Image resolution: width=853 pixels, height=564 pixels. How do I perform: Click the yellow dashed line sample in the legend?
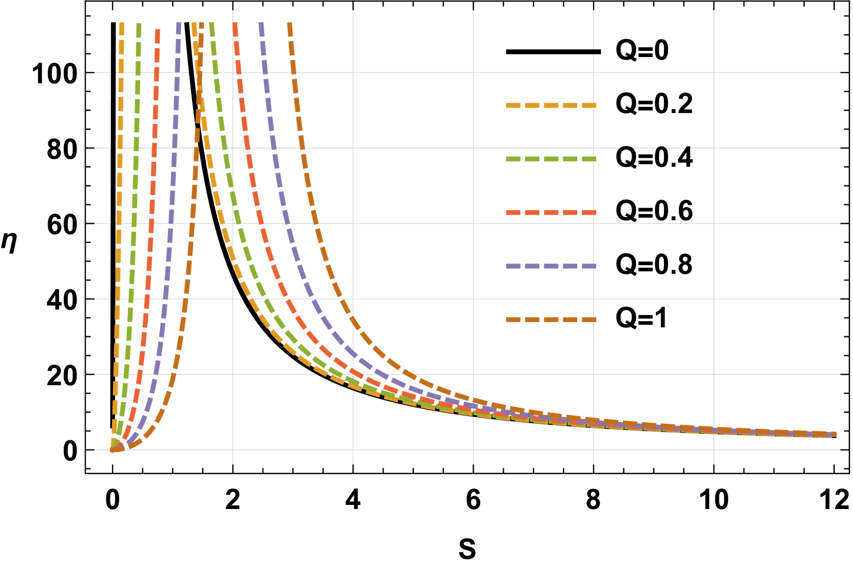coord(551,106)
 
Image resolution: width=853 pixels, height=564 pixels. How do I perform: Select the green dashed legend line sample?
coord(551,159)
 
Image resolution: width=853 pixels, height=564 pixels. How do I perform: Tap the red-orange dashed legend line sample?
coord(551,213)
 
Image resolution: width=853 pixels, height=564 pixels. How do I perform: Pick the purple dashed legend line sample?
coord(551,266)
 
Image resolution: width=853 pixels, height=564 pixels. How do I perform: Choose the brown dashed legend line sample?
coord(551,319)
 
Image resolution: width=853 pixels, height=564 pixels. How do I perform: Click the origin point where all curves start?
coord(112,450)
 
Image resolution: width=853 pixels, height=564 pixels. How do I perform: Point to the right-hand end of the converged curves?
coord(835,434)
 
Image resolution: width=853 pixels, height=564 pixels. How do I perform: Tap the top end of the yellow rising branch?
coord(122,24)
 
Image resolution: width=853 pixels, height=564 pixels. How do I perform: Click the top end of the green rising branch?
coord(139,24)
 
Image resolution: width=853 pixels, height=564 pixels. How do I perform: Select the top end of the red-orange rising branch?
coord(158,30)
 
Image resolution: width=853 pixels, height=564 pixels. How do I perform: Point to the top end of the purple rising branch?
coord(179,24)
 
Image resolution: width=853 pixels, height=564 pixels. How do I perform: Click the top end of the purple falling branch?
coord(261,24)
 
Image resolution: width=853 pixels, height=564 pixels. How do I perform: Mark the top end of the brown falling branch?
coord(290,24)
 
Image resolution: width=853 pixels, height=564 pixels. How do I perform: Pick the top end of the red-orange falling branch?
coord(235,24)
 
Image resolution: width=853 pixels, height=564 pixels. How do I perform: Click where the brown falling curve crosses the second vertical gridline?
coord(353,321)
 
